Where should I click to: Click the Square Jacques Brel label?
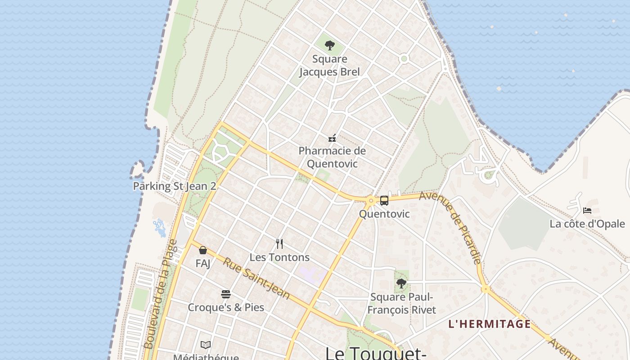point(329,65)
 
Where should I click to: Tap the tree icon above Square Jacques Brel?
point(330,45)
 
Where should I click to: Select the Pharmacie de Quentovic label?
point(332,157)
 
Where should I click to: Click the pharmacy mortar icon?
point(333,138)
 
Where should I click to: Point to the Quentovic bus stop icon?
point(384,201)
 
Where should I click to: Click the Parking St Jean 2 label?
point(175,186)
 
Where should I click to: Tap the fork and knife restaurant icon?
point(279,244)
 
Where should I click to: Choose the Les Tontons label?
point(279,257)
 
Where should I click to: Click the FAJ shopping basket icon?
point(203,250)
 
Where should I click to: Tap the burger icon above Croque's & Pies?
point(226,294)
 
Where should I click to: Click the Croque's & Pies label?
point(226,308)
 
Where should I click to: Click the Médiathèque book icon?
point(206,345)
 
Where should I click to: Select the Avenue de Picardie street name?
point(451,228)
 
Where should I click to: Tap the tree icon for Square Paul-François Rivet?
point(401,283)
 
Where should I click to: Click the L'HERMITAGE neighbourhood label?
point(490,324)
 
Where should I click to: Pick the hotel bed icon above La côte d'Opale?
point(587,210)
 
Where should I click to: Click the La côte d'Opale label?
point(587,224)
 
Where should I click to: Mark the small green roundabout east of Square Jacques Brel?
point(404,58)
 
